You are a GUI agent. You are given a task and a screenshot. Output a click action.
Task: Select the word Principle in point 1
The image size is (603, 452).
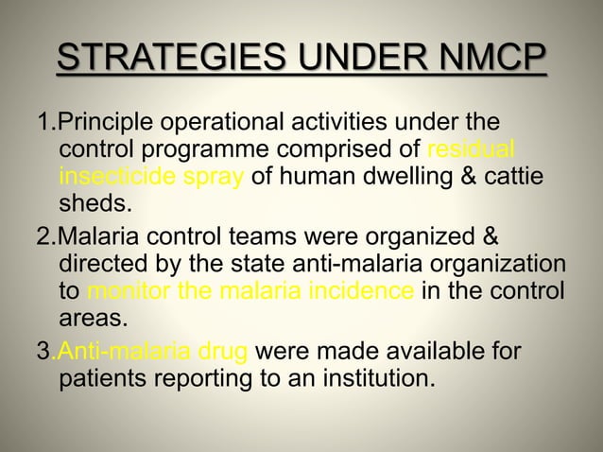click(x=103, y=124)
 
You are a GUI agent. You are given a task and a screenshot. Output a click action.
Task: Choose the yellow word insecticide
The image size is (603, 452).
click(x=113, y=177)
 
